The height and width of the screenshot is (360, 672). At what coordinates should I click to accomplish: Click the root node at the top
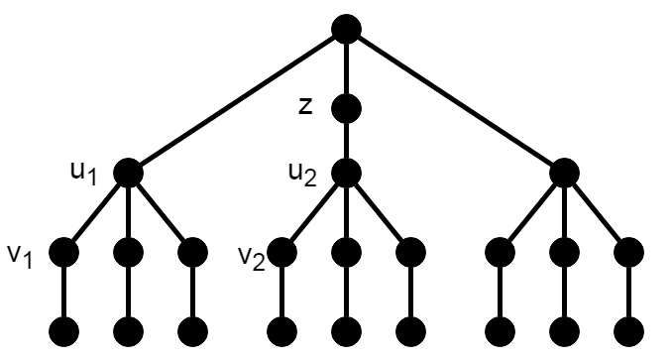pos(345,29)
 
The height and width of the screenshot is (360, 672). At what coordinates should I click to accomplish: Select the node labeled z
pos(345,106)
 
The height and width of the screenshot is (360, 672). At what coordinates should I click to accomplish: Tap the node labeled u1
pos(129,173)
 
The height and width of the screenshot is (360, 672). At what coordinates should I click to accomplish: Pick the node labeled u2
pos(345,173)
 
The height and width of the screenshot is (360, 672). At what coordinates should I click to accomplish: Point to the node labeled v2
pos(282,252)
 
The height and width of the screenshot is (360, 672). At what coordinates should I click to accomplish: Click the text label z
pos(305,106)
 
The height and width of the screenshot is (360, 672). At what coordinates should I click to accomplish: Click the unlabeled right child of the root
pos(563,173)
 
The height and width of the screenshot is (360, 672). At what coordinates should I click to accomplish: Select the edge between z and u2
pos(345,139)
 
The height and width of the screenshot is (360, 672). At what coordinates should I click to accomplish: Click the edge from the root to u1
pos(237,100)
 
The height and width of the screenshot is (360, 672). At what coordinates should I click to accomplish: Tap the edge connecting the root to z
pos(345,67)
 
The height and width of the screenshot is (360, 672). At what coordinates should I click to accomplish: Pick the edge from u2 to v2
pos(313,212)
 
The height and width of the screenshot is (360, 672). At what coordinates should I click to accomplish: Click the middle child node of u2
pos(345,252)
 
